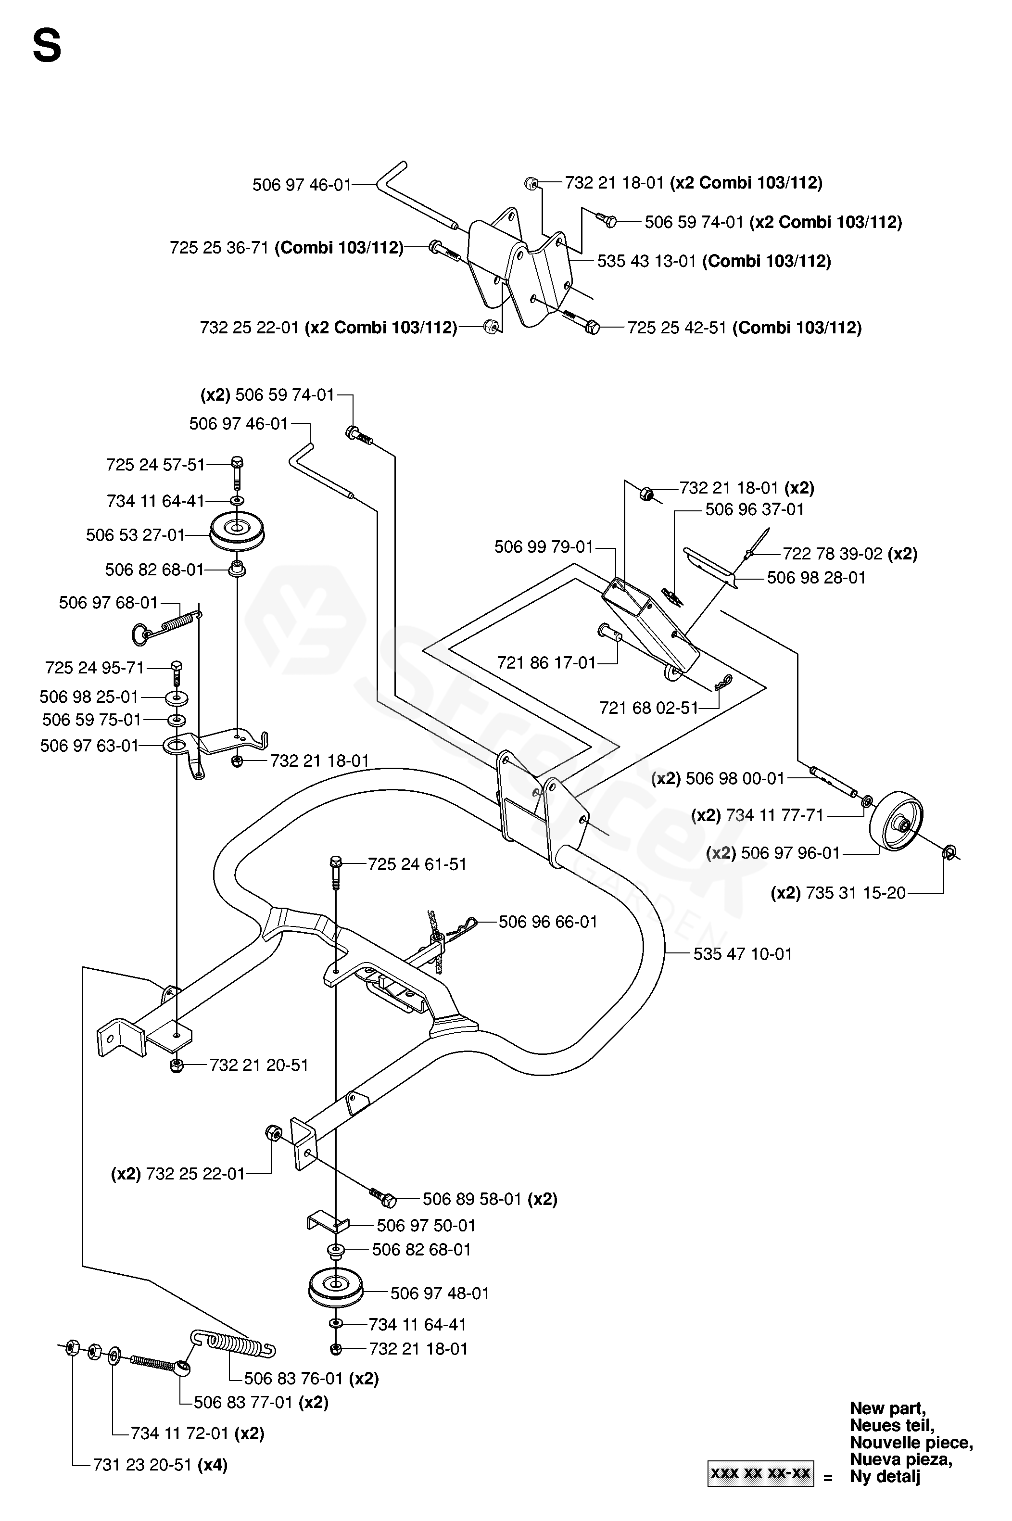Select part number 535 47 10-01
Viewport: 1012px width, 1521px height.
click(742, 954)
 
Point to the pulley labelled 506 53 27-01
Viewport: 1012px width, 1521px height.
click(238, 532)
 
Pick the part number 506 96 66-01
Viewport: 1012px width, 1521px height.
click(548, 922)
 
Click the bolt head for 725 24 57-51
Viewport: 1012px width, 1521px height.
click(237, 462)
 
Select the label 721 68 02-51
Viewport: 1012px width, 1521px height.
click(649, 708)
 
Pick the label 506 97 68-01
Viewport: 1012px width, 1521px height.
click(108, 603)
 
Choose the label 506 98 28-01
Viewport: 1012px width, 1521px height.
click(816, 578)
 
